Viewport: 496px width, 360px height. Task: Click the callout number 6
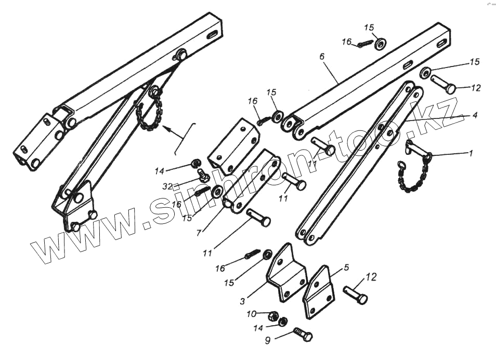(322, 56)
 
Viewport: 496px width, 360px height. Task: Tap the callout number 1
(471, 154)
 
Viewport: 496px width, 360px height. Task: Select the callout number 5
(346, 268)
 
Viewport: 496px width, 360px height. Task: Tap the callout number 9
(268, 341)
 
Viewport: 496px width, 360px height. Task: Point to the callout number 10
(252, 314)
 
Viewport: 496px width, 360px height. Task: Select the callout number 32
(167, 185)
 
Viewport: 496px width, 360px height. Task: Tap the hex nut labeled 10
(272, 315)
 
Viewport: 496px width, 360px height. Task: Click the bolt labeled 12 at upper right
(443, 84)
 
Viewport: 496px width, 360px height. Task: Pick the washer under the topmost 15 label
(380, 44)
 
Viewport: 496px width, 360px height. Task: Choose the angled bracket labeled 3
(285, 275)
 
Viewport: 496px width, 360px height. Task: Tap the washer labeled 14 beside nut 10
(283, 322)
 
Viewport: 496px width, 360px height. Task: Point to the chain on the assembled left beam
(149, 114)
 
